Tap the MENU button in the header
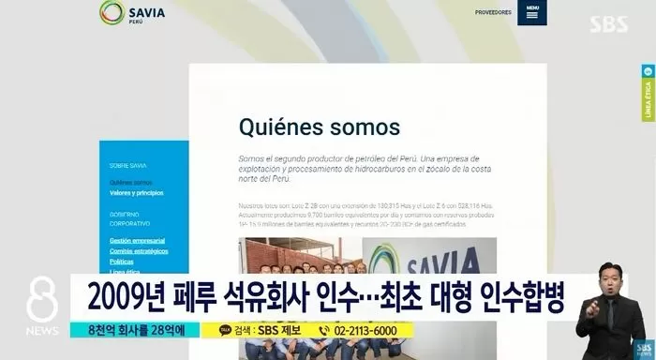click(532, 13)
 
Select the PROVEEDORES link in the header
click(493, 12)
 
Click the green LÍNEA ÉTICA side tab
click(649, 95)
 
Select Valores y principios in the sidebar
click(136, 192)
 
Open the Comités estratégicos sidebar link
click(139, 251)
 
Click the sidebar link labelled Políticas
click(122, 261)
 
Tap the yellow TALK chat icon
click(225, 330)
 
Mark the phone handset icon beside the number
click(323, 330)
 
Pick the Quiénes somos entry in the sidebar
click(130, 182)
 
